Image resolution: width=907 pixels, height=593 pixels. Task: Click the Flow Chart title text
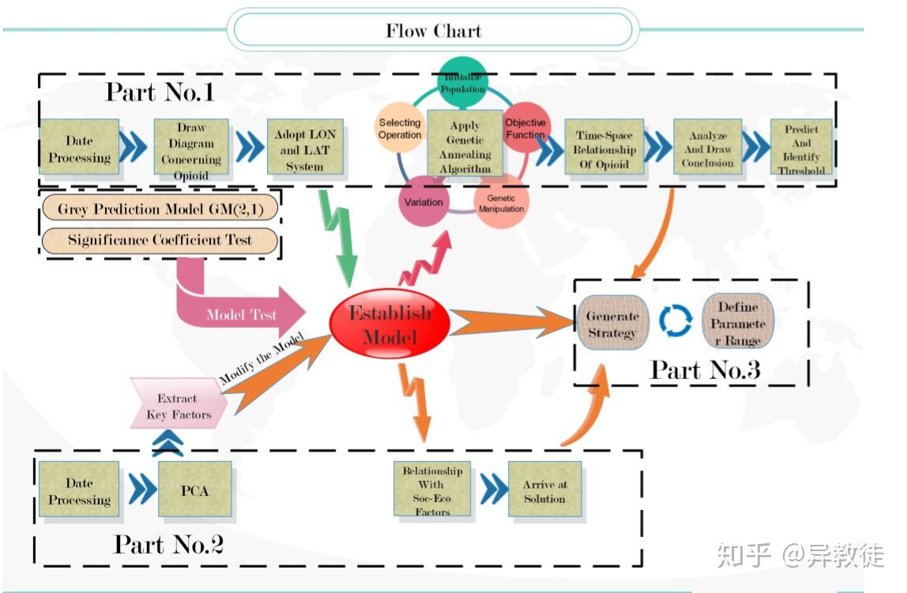pos(433,32)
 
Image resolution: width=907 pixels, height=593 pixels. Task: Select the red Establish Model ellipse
pos(390,324)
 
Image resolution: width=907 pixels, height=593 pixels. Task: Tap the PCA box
pos(194,490)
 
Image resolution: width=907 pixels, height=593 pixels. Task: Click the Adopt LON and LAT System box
pos(305,146)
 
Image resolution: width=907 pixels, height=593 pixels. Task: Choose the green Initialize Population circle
pos(463,81)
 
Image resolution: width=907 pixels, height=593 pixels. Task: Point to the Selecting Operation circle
pos(400,129)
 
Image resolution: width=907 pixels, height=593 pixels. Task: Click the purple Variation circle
pos(424,201)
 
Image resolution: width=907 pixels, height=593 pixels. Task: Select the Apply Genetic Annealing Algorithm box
pos(465,145)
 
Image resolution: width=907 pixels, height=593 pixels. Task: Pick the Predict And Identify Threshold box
pos(801,148)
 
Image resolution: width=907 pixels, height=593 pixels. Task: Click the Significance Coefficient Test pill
pos(160,240)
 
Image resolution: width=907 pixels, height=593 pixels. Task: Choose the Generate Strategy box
pos(612,325)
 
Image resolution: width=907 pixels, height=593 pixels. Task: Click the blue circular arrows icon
pos(676,321)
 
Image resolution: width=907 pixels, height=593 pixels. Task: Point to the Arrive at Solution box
pos(544,491)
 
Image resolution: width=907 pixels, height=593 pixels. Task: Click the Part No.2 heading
pos(168,543)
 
